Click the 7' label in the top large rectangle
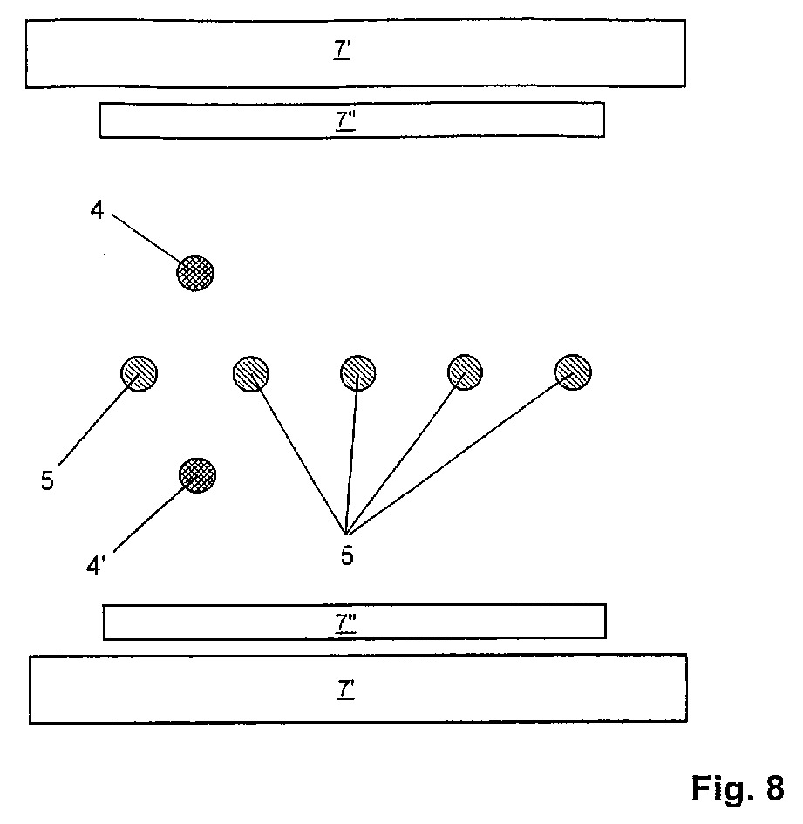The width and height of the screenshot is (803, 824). click(343, 51)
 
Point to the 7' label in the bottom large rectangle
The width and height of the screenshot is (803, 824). click(345, 690)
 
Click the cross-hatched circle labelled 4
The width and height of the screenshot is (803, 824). click(195, 273)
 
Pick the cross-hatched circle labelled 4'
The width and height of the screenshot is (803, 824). click(197, 476)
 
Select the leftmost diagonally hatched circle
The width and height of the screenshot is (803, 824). click(139, 373)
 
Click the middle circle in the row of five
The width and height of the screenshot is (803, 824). click(357, 373)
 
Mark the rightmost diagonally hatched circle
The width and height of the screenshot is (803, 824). click(573, 372)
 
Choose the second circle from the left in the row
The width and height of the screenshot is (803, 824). click(251, 374)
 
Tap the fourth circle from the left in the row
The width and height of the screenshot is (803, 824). click(465, 372)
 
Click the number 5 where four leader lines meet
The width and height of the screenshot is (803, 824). click(347, 555)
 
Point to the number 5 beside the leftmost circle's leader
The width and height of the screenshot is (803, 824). click(47, 480)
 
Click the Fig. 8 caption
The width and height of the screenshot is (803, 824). click(737, 787)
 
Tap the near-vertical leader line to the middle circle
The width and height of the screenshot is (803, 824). click(352, 453)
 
